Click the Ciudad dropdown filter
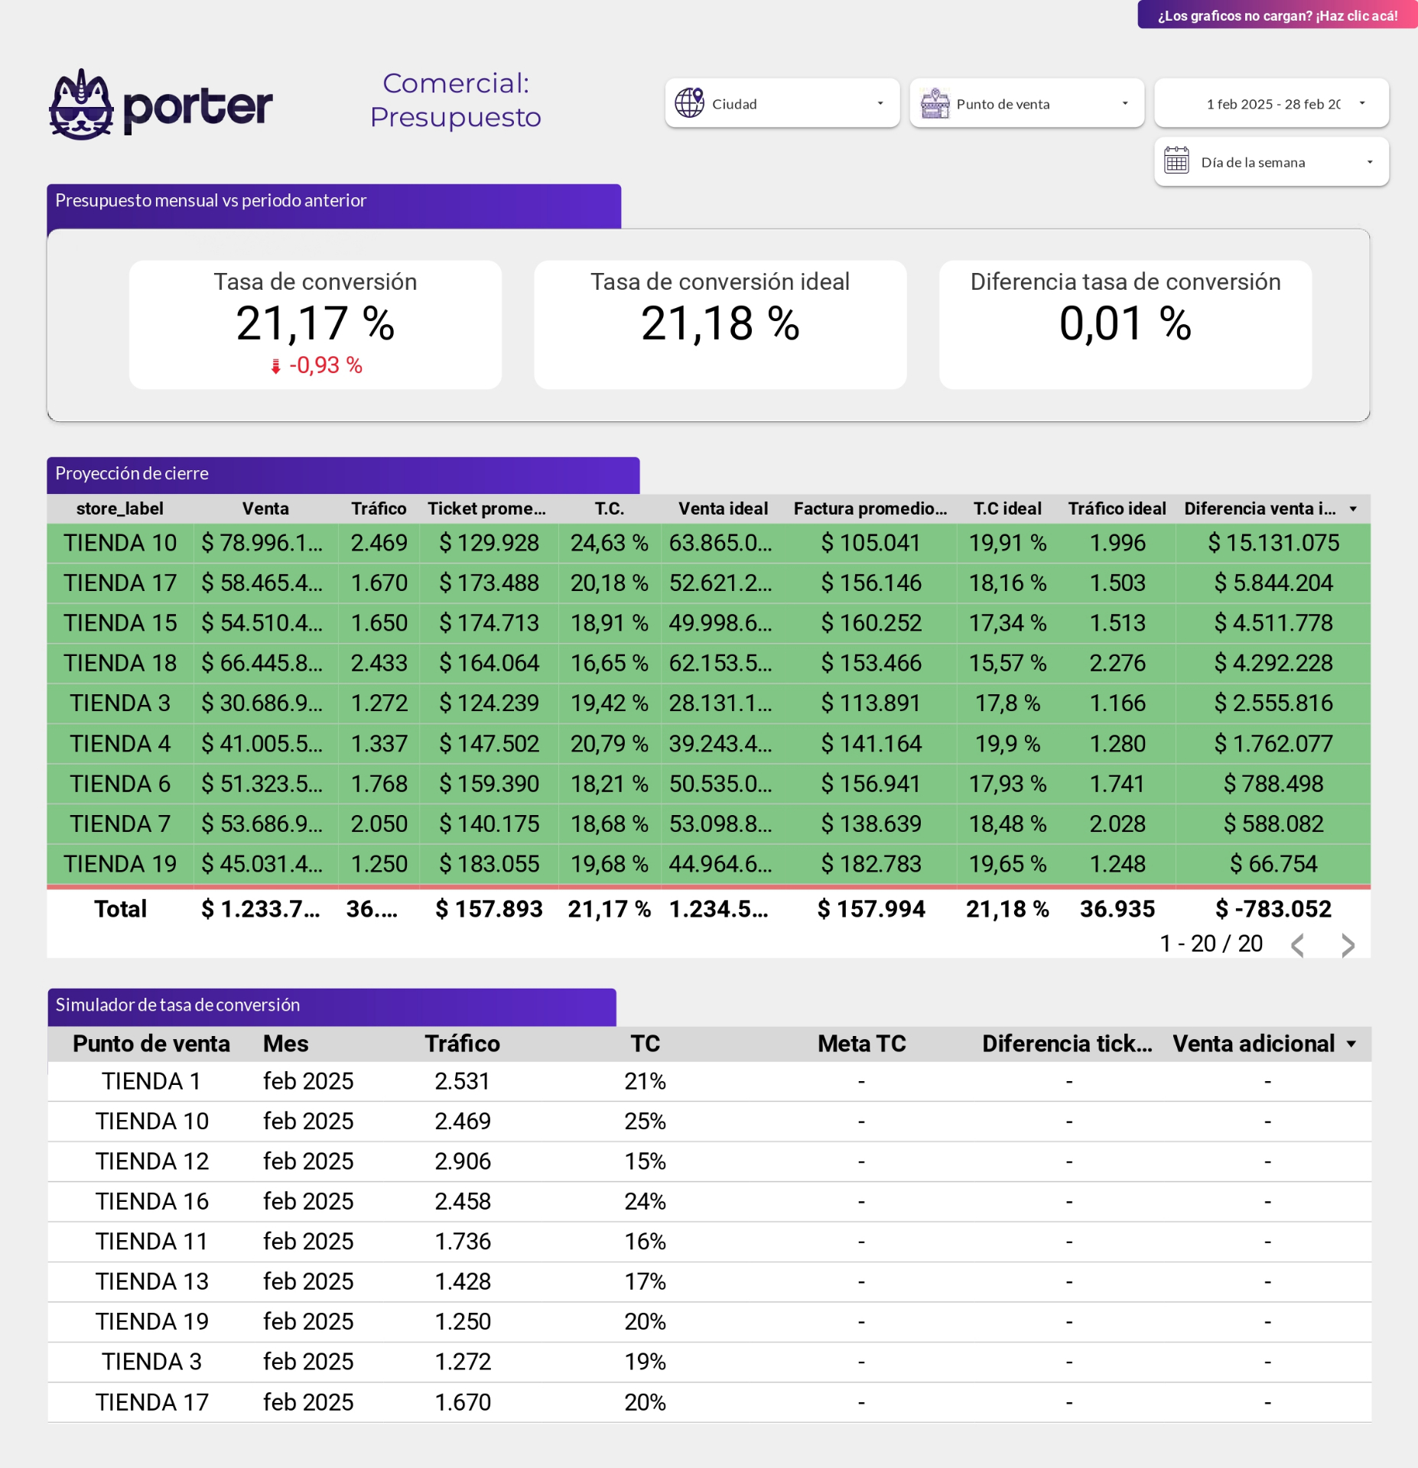click(x=781, y=103)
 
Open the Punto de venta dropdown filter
click(x=1026, y=103)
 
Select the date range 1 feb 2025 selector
click(x=1271, y=103)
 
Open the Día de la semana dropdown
click(x=1271, y=162)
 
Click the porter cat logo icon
click(x=81, y=106)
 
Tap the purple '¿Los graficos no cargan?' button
click(x=1277, y=15)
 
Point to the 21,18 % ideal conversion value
click(x=720, y=323)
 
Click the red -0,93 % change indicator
click(x=317, y=365)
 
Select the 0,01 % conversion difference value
click(x=1124, y=323)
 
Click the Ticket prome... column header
click(x=486, y=508)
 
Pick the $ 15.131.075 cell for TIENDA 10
click(x=1273, y=543)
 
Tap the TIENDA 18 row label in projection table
click(x=120, y=663)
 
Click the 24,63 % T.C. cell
click(x=609, y=543)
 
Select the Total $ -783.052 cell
click(x=1273, y=908)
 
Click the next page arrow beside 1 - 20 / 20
click(x=1348, y=945)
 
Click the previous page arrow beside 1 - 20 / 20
click(x=1297, y=945)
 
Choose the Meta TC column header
click(x=861, y=1044)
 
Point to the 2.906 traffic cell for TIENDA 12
click(x=463, y=1161)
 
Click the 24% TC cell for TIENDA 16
click(x=645, y=1201)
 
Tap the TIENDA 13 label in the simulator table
click(x=151, y=1281)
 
